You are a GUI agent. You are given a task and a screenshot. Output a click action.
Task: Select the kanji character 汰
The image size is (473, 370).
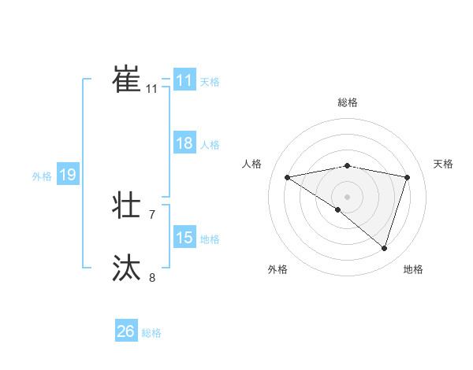pyautogui.click(x=126, y=268)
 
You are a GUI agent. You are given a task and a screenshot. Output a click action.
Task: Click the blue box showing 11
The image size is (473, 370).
pyautogui.click(x=184, y=80)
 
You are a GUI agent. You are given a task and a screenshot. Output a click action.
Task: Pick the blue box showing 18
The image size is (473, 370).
pyautogui.click(x=184, y=144)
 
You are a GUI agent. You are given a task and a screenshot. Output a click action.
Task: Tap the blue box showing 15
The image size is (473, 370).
pyautogui.click(x=184, y=238)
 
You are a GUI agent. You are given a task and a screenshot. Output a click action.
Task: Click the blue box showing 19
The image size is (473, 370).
pyautogui.click(x=68, y=175)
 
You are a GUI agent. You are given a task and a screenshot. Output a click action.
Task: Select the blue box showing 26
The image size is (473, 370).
pyautogui.click(x=125, y=331)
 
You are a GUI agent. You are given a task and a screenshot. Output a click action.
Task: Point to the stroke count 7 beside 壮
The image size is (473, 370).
pyautogui.click(x=152, y=214)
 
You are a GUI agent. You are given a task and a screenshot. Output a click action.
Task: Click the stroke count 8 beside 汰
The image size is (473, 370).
pyautogui.click(x=152, y=276)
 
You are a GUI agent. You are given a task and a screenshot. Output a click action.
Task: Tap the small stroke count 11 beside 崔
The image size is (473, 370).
pyautogui.click(x=151, y=89)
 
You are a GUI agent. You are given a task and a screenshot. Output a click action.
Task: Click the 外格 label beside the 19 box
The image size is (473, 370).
pyautogui.click(x=42, y=176)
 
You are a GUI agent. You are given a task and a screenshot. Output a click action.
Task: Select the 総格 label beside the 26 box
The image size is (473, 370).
pyautogui.click(x=151, y=333)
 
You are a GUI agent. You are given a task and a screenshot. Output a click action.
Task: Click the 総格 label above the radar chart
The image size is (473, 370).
pyautogui.click(x=347, y=102)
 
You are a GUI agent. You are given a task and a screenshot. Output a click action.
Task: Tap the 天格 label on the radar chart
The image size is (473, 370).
pyautogui.click(x=444, y=164)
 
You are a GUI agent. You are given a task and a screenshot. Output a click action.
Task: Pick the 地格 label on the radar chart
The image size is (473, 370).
pyautogui.click(x=413, y=269)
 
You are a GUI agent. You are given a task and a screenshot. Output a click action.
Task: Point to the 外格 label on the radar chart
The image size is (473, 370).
pyautogui.click(x=277, y=269)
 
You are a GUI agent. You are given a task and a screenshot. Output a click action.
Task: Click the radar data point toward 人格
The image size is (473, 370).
pyautogui.click(x=288, y=177)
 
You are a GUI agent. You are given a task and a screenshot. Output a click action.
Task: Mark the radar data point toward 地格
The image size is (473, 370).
pyautogui.click(x=384, y=248)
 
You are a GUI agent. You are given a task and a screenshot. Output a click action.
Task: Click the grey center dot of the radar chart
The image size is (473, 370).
pyautogui.click(x=347, y=195)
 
